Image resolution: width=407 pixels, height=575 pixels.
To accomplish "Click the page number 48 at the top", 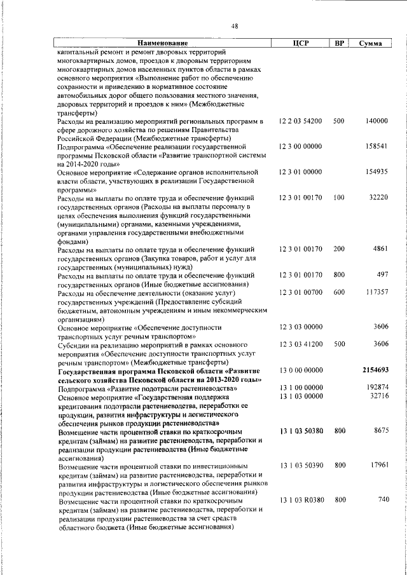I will coord(235,26).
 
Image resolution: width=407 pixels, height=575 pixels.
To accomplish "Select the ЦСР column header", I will coord(300,44).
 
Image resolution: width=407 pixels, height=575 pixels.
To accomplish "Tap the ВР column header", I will coord(340,44).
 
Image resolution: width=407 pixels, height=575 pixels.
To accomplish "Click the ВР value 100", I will coord(339,198).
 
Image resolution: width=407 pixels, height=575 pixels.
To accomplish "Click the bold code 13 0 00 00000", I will coord(300,369).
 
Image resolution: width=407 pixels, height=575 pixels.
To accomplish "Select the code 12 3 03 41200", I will coord(300,343).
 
